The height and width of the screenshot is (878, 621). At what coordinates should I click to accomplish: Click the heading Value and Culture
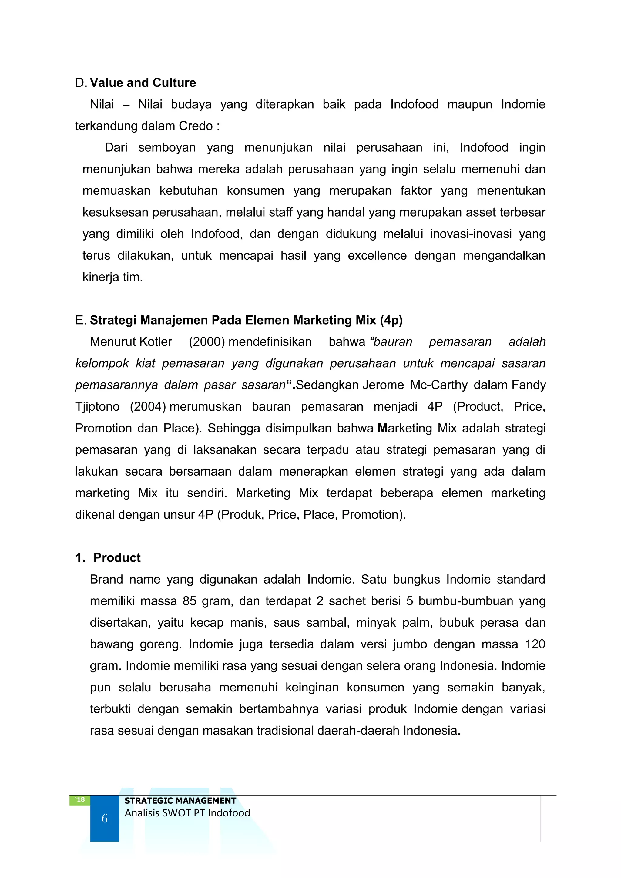(x=143, y=82)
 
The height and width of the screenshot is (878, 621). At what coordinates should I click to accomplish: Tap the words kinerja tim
(x=112, y=277)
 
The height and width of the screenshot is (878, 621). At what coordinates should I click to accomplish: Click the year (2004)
(x=148, y=406)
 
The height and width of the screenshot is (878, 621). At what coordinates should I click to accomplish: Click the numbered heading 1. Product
(x=108, y=558)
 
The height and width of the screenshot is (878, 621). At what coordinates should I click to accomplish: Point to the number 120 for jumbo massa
(x=535, y=644)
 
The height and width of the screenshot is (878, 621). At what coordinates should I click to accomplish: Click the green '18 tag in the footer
(x=80, y=800)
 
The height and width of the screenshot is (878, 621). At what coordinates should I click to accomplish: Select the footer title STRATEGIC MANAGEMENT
(x=180, y=801)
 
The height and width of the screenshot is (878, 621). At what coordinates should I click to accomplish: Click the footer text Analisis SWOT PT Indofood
(x=187, y=813)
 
